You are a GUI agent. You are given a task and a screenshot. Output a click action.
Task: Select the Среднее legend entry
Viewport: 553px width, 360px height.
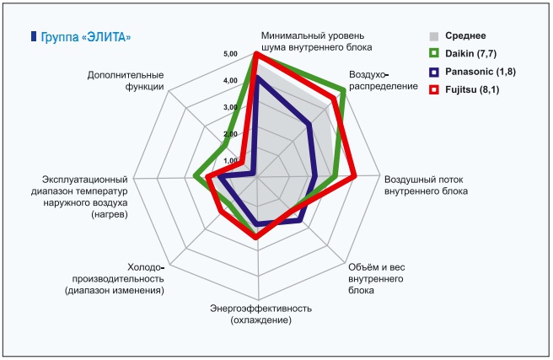(x=464, y=35)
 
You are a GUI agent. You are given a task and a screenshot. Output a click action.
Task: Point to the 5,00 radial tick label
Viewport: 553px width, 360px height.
(x=231, y=55)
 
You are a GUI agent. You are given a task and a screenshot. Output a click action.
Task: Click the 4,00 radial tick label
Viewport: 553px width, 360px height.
(x=231, y=81)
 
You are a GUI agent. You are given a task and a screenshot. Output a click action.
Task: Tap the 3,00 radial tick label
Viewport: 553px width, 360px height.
(x=231, y=108)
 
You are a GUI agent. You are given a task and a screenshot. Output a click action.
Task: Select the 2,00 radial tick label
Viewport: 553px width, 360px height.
(x=231, y=134)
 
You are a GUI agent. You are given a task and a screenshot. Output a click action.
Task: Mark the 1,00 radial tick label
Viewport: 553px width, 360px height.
(x=231, y=160)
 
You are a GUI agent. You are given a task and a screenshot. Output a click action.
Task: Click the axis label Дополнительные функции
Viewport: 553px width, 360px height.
(x=126, y=81)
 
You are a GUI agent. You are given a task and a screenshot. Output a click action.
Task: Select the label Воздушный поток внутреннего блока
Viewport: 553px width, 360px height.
(x=426, y=185)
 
